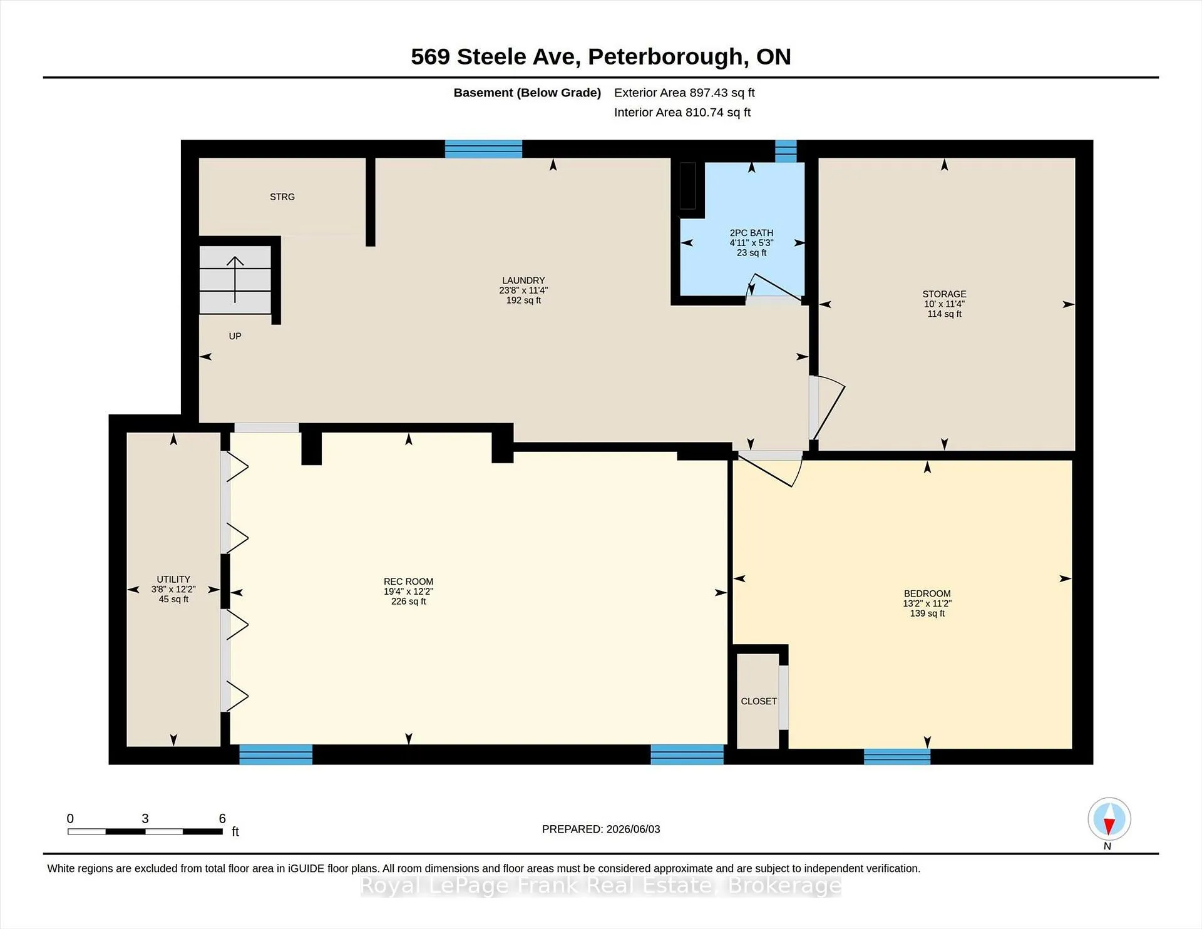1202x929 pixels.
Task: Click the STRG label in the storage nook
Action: [282, 197]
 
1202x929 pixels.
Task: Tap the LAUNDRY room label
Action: [523, 280]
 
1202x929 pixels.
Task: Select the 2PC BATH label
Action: [751, 233]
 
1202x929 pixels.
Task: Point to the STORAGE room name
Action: [944, 294]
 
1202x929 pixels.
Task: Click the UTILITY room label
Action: [173, 580]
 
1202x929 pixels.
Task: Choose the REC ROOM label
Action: [408, 582]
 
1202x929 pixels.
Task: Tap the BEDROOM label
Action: [927, 593]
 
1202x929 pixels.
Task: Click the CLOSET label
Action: [759, 701]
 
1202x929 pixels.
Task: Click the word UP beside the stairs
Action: [235, 336]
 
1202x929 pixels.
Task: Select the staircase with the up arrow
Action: [235, 280]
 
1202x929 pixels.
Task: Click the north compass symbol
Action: [1109, 819]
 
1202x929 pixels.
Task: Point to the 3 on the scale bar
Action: [145, 818]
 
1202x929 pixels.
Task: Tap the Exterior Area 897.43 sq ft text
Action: [684, 93]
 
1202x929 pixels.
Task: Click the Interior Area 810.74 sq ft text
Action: [682, 112]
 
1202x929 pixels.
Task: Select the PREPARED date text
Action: [601, 829]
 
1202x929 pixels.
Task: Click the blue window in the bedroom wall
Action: [897, 756]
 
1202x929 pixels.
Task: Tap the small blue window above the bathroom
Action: [786, 151]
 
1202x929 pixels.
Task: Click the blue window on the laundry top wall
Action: [483, 149]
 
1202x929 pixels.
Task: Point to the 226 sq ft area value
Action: [408, 602]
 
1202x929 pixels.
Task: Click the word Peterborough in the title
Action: [668, 57]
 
